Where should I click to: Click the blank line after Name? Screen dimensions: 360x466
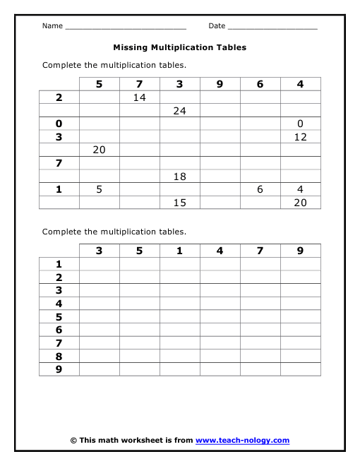[125, 27]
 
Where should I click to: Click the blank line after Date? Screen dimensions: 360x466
[272, 27]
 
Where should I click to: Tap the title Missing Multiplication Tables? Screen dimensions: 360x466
[180, 48]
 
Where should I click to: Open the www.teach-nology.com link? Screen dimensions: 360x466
[242, 441]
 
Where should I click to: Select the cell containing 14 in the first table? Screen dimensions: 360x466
[139, 97]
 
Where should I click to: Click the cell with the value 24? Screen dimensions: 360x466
[179, 111]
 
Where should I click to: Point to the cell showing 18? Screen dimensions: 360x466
[179, 177]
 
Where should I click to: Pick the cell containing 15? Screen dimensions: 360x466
[179, 203]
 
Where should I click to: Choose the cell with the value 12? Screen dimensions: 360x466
[301, 137]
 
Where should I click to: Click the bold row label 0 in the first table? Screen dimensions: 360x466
[59, 124]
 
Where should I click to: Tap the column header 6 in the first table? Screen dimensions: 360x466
[260, 84]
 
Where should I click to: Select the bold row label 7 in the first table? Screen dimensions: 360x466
[59, 164]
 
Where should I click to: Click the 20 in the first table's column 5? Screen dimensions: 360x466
[99, 150]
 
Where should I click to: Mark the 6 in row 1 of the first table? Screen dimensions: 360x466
[260, 190]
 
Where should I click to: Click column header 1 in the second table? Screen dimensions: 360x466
[179, 251]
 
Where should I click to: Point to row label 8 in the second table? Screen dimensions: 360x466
[59, 357]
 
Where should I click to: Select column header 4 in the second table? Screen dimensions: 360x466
[220, 251]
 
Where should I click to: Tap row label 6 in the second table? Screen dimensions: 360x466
[59, 330]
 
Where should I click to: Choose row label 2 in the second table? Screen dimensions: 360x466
[59, 277]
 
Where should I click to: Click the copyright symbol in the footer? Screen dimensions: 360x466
[73, 441]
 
